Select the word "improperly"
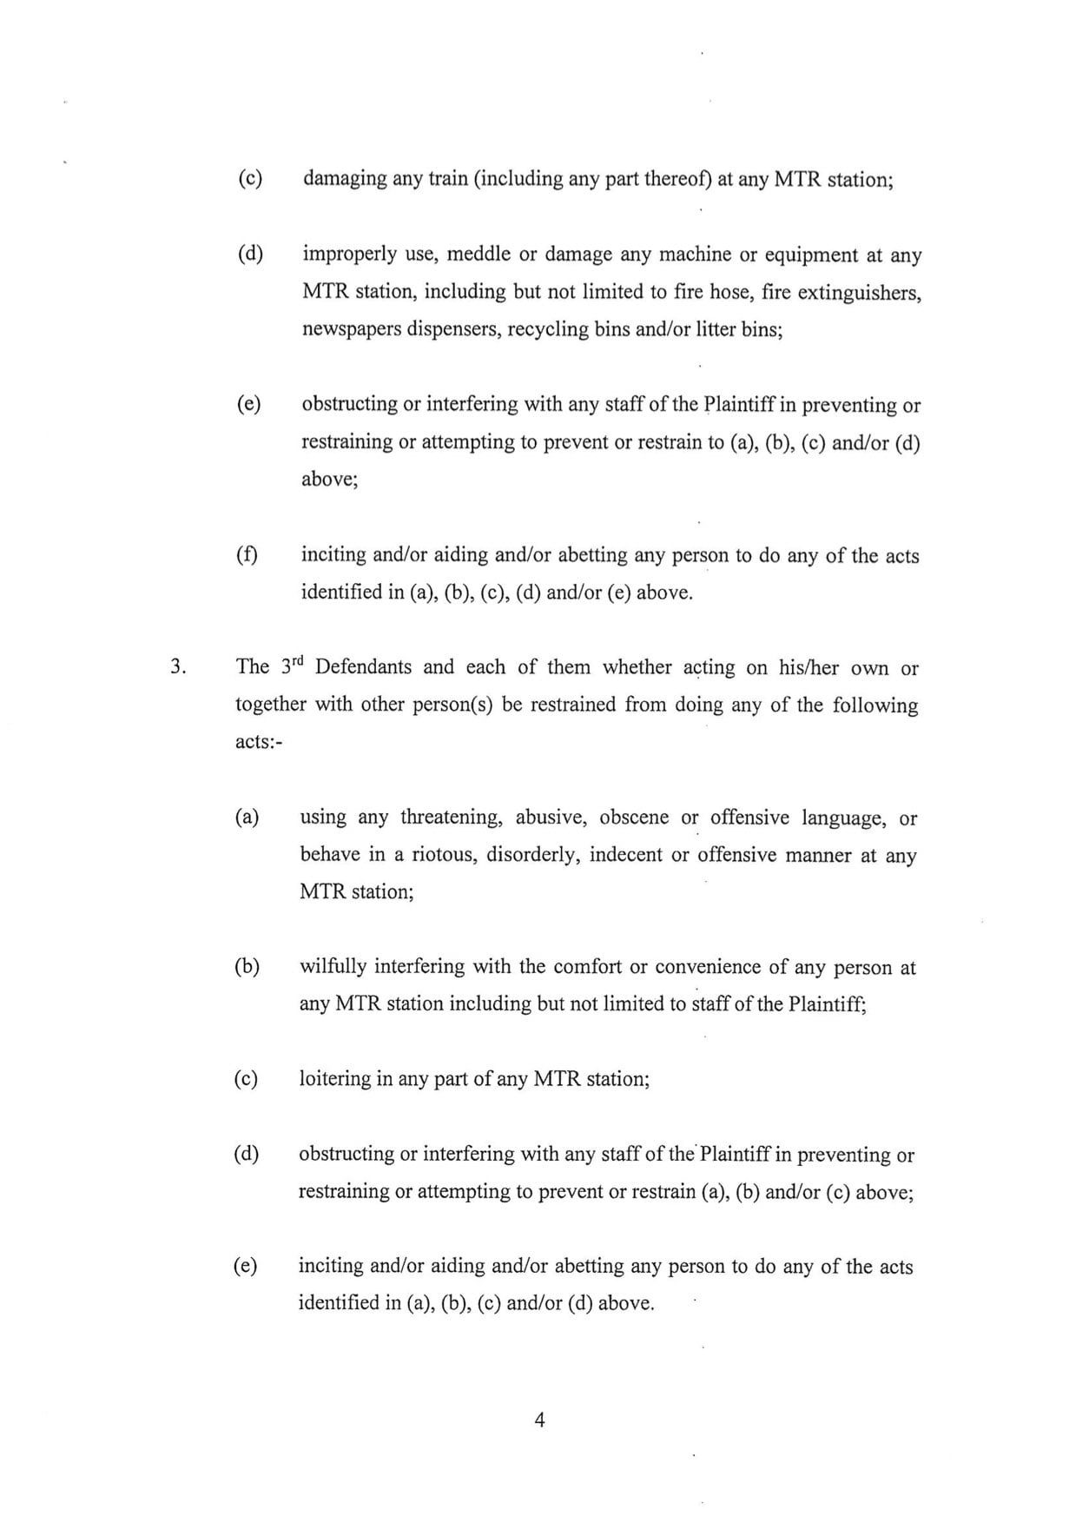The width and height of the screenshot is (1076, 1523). pyautogui.click(x=345, y=255)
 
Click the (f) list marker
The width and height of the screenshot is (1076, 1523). pyautogui.click(x=248, y=555)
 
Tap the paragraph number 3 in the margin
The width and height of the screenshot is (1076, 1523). pyautogui.click(x=177, y=667)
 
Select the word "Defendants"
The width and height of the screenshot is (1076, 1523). pyautogui.click(x=363, y=667)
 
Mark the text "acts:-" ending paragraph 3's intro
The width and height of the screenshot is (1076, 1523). pyautogui.click(x=261, y=742)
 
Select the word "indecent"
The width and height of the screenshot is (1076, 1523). pyautogui.click(x=624, y=855)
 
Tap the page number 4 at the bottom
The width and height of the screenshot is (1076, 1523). pyautogui.click(x=539, y=1421)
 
